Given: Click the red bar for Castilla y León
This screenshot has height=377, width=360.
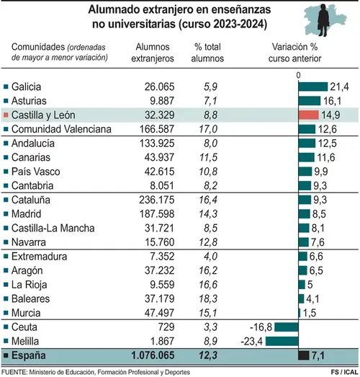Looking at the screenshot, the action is coord(309,115).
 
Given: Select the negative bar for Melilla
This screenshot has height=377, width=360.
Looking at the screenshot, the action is coord(282,341).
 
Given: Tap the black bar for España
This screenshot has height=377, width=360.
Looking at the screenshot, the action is coord(304,355).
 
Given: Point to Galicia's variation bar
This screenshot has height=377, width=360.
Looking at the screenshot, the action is coord(313,87).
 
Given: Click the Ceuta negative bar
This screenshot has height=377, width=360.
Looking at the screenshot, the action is coord(287,327).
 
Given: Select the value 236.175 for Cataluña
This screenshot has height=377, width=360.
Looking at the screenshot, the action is coord(156,200).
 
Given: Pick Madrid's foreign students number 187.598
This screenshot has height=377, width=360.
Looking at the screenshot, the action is coord(157,214).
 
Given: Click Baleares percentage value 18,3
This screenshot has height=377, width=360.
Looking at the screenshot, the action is coord(208,299).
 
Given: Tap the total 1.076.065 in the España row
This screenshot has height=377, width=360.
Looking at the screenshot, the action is coord(153,355).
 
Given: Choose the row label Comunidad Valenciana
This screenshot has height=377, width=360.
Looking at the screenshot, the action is coord(61,129).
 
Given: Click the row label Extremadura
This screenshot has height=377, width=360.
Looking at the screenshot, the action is coord(39,257).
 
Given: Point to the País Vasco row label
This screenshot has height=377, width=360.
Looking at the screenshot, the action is coord(35,172).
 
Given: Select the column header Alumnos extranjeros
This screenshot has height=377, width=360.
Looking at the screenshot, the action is coord(153,53).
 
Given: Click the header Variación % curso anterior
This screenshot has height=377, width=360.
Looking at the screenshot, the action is coord(294,53).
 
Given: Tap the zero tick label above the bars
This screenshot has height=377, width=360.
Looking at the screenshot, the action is coord(298,76).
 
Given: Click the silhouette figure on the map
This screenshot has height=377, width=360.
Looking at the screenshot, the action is coord(323,20).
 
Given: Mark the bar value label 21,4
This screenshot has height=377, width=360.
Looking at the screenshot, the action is coord(339,87).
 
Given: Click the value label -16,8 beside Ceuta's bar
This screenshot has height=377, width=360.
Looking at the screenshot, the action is coord(261,327).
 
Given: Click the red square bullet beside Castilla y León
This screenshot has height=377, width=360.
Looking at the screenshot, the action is coord(6,115).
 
